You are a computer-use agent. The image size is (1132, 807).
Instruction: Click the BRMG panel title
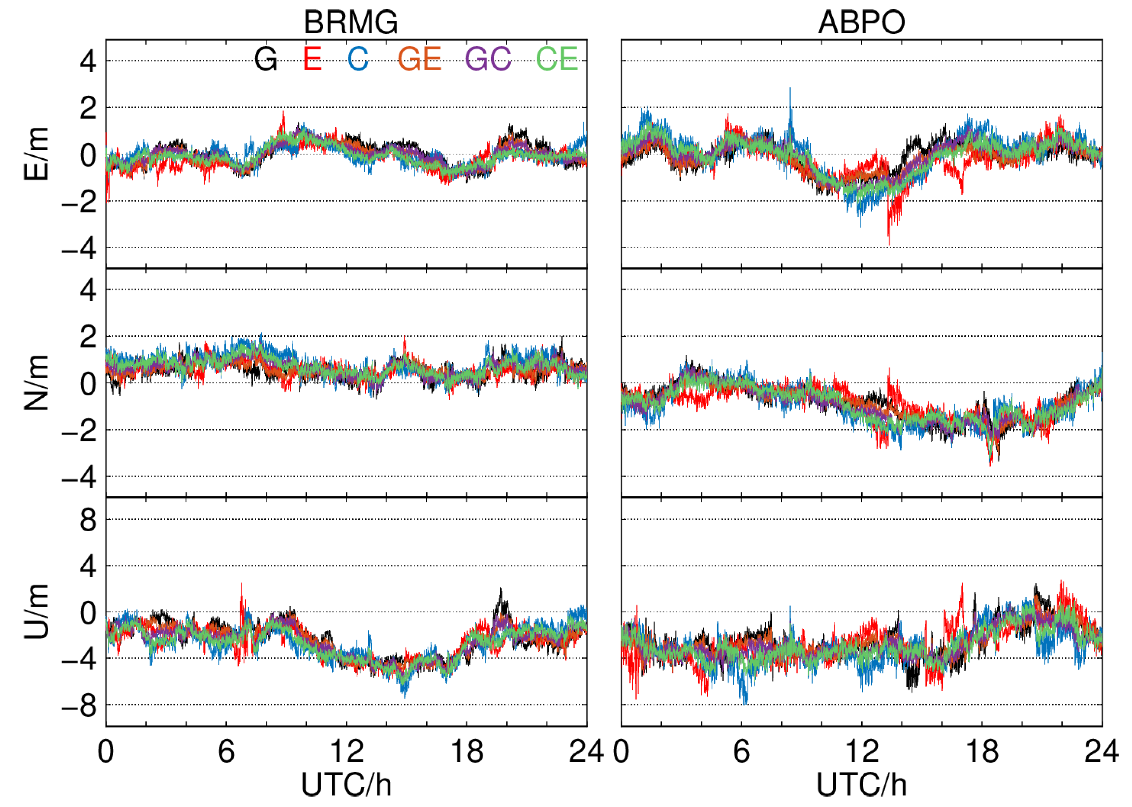[x=350, y=22]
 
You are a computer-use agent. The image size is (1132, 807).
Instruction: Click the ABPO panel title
[x=861, y=22]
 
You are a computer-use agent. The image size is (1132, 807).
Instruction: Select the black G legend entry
[x=265, y=59]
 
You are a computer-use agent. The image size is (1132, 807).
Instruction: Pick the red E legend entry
[x=312, y=59]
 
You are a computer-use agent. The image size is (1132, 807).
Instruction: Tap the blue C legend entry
[x=358, y=59]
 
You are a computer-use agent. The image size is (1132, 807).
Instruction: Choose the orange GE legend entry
[x=420, y=59]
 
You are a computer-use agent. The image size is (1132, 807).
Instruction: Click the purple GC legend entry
[x=488, y=59]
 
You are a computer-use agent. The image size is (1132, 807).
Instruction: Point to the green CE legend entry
[x=557, y=59]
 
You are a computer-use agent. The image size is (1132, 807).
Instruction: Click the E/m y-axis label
[x=36, y=154]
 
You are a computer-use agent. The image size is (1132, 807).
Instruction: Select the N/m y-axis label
[x=36, y=383]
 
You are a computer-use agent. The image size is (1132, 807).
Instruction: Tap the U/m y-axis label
[x=36, y=612]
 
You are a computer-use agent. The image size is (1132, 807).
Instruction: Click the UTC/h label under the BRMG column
[x=347, y=785]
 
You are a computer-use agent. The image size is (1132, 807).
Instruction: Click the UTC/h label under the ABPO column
[x=862, y=785]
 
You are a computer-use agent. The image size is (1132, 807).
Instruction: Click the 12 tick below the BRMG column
[x=347, y=751]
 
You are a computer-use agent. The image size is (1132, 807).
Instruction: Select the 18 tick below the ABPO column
[x=982, y=751]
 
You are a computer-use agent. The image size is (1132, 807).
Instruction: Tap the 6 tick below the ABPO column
[x=741, y=751]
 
